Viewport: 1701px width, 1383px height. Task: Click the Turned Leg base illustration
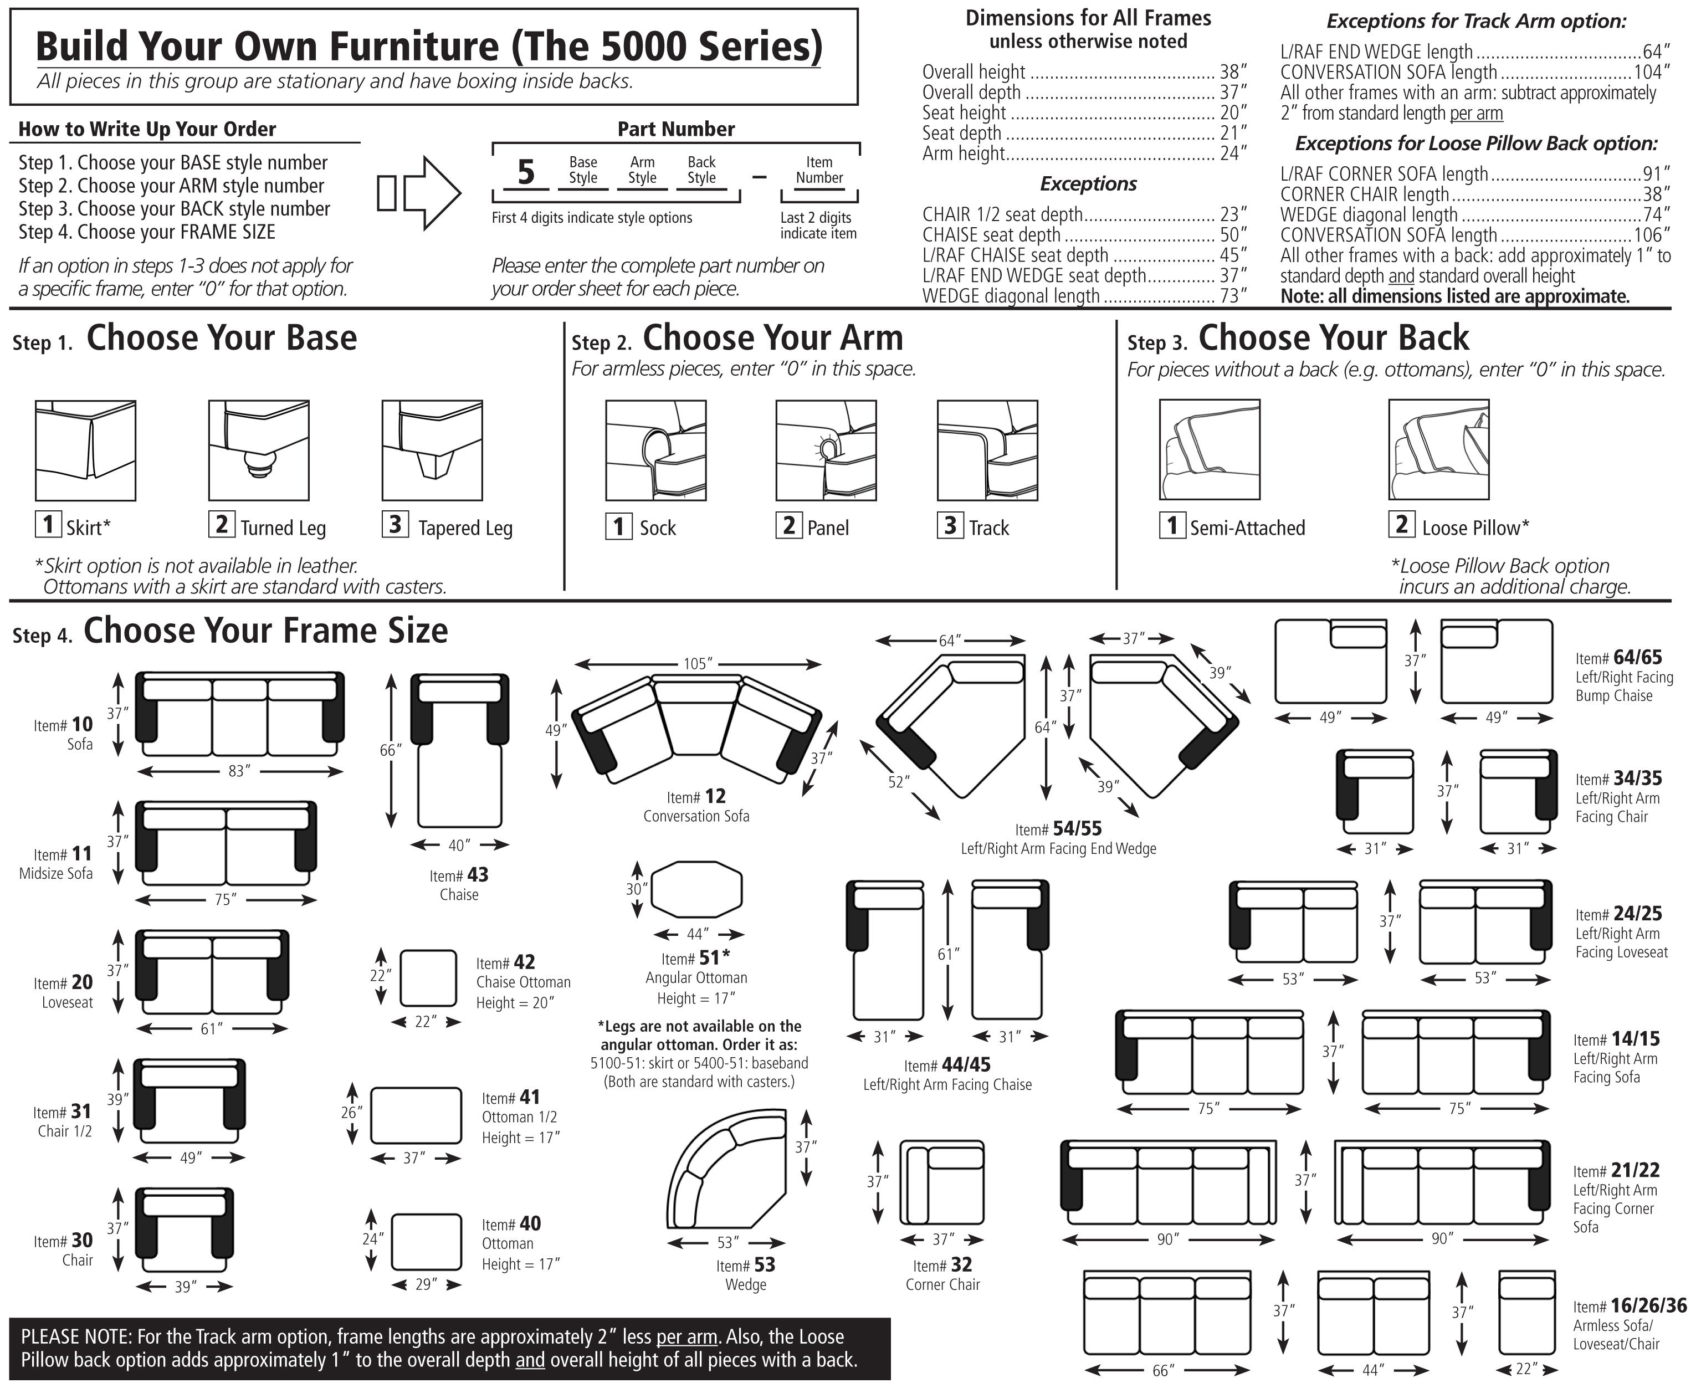(x=258, y=450)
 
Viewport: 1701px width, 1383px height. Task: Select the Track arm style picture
(x=987, y=450)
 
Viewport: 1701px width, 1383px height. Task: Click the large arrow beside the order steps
(x=420, y=193)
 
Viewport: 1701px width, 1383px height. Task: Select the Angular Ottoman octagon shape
(x=696, y=889)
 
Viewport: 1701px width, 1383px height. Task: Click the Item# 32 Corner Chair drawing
(x=942, y=1182)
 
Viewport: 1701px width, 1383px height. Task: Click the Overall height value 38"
(x=1232, y=71)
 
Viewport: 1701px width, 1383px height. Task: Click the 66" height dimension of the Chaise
(x=389, y=750)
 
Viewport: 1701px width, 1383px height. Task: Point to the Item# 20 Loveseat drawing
(x=212, y=972)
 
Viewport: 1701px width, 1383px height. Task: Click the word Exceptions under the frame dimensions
(x=1088, y=184)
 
